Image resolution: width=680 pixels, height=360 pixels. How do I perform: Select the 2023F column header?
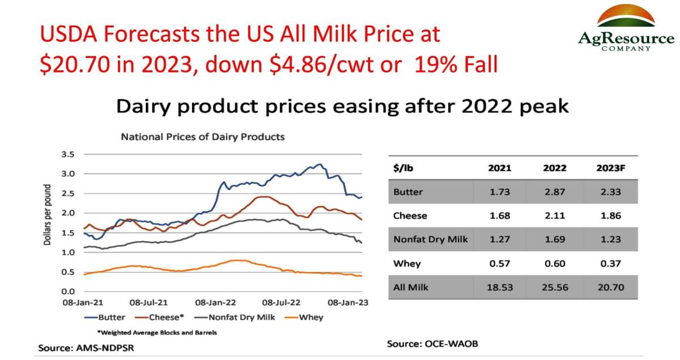(610, 168)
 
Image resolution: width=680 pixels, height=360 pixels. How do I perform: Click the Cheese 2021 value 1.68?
(499, 216)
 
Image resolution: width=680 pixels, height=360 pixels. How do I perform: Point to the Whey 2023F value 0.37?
(610, 264)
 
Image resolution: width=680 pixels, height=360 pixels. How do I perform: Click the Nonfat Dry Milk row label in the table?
(431, 240)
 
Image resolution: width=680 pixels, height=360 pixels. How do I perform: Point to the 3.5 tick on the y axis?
(68, 154)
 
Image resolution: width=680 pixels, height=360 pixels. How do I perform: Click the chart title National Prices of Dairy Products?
(202, 137)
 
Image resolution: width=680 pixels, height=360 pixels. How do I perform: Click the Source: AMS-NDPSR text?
(83, 347)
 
